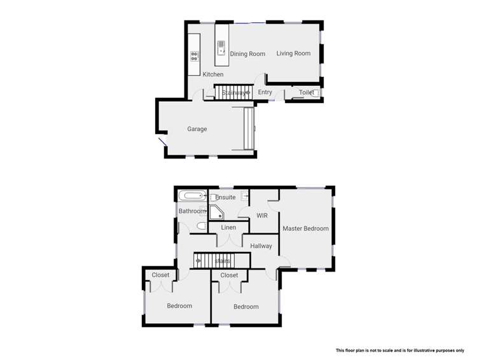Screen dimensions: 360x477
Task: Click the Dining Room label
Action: coord(247,54)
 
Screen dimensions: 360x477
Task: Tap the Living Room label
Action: coord(293,53)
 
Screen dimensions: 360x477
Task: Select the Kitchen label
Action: coord(213,75)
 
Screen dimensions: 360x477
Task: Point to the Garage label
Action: coord(197,129)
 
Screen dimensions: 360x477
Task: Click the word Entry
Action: coord(265,93)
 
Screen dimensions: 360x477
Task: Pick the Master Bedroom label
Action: coord(306,228)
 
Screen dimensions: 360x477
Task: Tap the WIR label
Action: coord(262,216)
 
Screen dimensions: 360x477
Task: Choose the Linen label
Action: coord(228,228)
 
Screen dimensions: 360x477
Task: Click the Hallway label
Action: coord(261,246)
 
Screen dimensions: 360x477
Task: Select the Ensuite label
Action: coord(226,198)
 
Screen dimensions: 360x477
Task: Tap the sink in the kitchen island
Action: coord(221,45)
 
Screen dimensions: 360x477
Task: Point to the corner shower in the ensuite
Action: coord(218,212)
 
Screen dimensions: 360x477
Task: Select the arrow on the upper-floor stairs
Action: coord(199,260)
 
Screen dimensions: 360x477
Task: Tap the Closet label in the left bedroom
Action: coord(160,275)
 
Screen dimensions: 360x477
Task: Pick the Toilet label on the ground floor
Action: coord(307,93)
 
